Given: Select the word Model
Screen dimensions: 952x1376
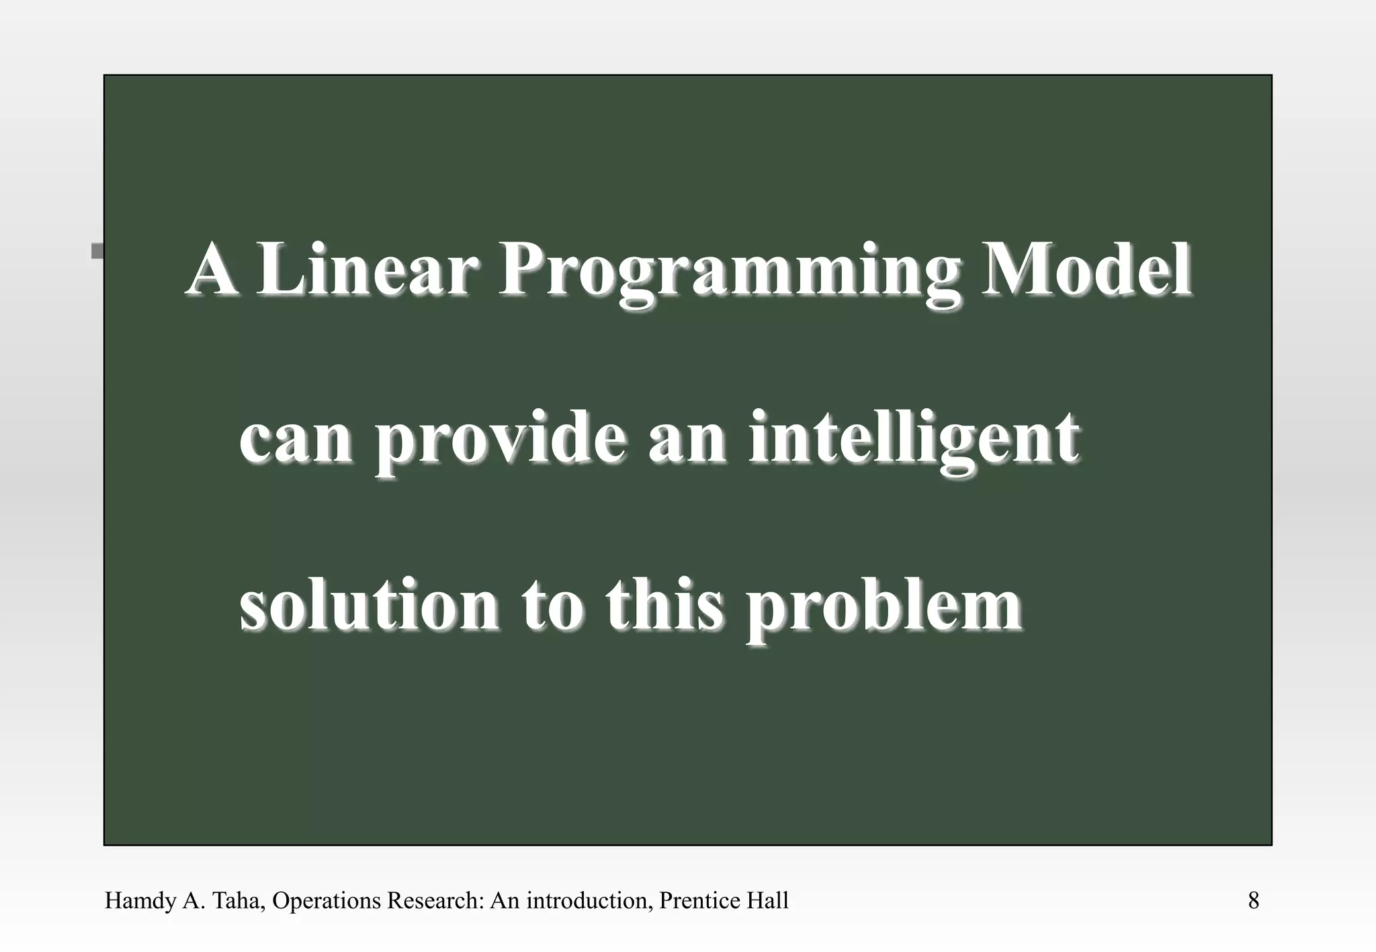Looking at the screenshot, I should [1086, 271].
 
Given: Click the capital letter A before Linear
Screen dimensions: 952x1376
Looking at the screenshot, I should [212, 271].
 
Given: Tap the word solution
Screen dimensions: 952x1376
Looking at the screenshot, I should [370, 606].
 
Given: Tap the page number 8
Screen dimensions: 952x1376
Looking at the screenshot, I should [1253, 900].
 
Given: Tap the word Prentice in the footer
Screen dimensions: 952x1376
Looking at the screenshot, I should [697, 900].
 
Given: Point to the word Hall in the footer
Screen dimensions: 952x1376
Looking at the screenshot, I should [765, 900].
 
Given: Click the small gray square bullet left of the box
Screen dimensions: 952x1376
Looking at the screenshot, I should [97, 251].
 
